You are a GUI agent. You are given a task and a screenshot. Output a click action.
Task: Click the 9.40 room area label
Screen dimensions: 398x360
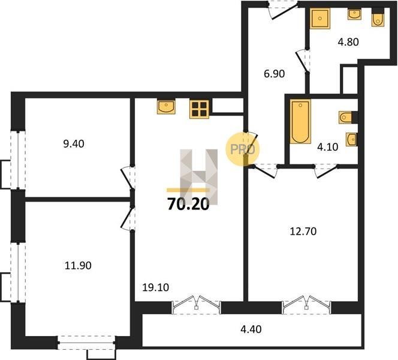click(74, 144)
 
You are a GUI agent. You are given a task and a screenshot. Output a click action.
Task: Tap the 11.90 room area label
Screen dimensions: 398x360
click(78, 266)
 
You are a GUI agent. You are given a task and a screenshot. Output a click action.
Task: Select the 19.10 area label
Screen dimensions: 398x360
click(156, 287)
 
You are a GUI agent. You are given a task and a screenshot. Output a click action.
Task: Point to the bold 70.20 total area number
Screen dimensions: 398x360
click(188, 204)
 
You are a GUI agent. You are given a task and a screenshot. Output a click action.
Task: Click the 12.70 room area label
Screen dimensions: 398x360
click(303, 232)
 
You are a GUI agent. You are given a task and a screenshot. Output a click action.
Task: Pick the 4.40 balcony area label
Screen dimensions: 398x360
click(251, 329)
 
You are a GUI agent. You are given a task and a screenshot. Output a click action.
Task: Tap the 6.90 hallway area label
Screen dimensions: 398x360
click(274, 74)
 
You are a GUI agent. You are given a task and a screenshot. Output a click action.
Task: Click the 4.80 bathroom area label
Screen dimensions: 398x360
click(348, 42)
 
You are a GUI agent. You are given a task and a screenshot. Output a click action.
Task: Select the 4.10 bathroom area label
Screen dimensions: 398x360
click(328, 147)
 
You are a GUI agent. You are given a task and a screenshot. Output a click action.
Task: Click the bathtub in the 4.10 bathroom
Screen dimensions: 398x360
click(300, 122)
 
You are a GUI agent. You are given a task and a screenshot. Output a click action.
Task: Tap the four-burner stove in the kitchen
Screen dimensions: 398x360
click(199, 109)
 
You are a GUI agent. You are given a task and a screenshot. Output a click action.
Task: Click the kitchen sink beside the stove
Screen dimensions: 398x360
click(166, 107)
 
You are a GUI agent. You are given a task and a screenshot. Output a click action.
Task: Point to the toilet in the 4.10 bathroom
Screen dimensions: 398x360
click(348, 118)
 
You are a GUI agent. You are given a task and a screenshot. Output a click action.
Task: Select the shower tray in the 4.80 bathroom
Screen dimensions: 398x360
click(320, 19)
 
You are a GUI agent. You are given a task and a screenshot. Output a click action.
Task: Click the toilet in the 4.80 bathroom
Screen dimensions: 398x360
click(378, 17)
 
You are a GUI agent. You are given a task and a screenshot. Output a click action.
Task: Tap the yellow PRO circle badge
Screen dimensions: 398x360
click(243, 149)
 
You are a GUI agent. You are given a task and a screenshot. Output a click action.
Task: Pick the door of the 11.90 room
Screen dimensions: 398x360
click(128, 218)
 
